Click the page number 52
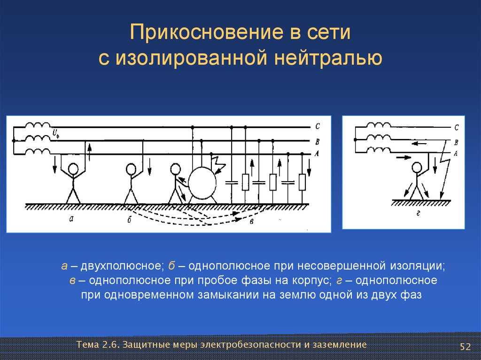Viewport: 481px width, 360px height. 465,346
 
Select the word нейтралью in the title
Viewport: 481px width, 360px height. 328,57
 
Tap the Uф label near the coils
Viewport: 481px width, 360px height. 56,133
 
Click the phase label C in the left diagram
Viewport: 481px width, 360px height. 317,126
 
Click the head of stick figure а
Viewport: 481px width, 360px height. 73,169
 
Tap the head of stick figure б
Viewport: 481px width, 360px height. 131,169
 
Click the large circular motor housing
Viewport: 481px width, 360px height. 202,183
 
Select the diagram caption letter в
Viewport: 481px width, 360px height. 252,221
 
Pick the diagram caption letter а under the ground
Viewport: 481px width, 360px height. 71,219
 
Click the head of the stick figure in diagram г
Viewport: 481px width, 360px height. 417,168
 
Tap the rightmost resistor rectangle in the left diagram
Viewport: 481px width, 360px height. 302,182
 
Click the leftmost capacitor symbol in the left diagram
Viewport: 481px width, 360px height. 232,183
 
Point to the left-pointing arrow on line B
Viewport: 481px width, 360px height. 419,144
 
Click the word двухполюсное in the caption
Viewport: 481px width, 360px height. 121,266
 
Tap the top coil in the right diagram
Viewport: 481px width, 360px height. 379,125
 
